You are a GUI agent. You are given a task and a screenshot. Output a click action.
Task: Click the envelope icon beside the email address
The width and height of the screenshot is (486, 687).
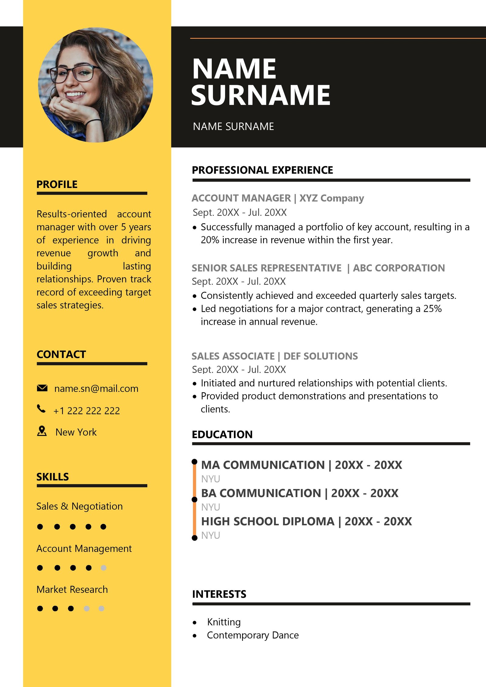click(x=42, y=388)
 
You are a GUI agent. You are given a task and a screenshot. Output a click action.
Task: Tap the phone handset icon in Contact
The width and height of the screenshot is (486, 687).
click(x=41, y=409)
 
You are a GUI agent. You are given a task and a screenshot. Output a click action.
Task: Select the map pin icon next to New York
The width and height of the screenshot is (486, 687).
click(x=42, y=431)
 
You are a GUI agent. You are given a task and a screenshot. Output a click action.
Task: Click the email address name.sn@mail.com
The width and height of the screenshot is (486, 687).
click(x=96, y=389)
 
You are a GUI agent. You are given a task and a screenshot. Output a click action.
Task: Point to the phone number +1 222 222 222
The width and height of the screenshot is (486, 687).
click(x=87, y=411)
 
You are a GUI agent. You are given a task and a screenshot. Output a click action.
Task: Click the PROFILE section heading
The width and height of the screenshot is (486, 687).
click(x=57, y=184)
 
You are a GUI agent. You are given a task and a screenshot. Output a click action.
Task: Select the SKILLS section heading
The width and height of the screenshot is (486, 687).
click(x=53, y=477)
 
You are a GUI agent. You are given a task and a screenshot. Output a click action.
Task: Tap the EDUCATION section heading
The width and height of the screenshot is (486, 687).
click(x=222, y=435)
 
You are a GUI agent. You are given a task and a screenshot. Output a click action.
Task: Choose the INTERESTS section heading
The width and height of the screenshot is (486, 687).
click(x=219, y=594)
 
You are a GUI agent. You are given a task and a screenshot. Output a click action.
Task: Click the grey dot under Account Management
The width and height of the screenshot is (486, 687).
click(x=104, y=568)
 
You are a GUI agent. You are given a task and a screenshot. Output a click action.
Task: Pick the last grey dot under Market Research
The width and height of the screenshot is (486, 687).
click(x=101, y=608)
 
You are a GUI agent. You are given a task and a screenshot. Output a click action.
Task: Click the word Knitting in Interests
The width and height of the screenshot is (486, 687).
click(x=224, y=622)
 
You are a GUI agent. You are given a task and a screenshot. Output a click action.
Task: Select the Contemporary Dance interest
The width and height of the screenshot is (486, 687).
click(x=253, y=635)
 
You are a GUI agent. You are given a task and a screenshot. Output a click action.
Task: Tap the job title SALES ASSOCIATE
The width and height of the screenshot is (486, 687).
click(x=233, y=356)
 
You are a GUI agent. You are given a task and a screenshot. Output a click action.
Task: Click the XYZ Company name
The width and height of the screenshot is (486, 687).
click(x=332, y=198)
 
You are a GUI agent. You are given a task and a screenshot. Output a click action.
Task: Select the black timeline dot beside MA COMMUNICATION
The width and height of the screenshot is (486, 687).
click(x=194, y=462)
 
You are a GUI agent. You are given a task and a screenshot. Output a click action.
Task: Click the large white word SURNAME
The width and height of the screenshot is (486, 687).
click(x=261, y=95)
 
